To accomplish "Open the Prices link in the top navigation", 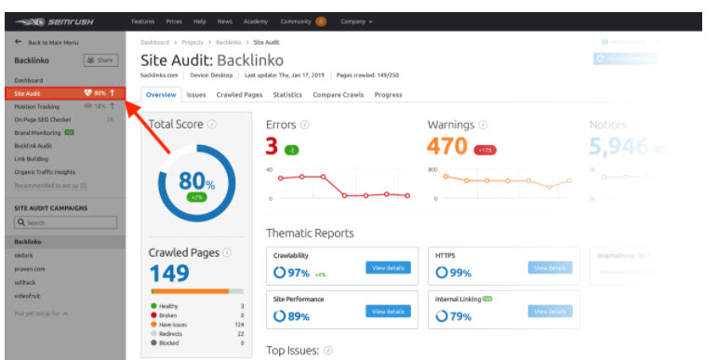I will point(173,20).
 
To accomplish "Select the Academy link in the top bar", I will point(255,20).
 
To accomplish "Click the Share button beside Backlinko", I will point(101,60).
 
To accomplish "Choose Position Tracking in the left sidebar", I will point(37,106).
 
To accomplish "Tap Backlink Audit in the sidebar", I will point(33,145).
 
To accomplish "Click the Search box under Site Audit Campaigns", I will point(66,222).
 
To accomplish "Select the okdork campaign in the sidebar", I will point(25,254).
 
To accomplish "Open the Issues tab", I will point(196,95).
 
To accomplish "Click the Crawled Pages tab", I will point(239,95).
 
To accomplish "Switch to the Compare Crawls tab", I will point(338,95).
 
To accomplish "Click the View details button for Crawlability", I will point(388,268).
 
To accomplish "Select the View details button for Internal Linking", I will point(550,311).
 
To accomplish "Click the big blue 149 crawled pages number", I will point(169,273).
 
